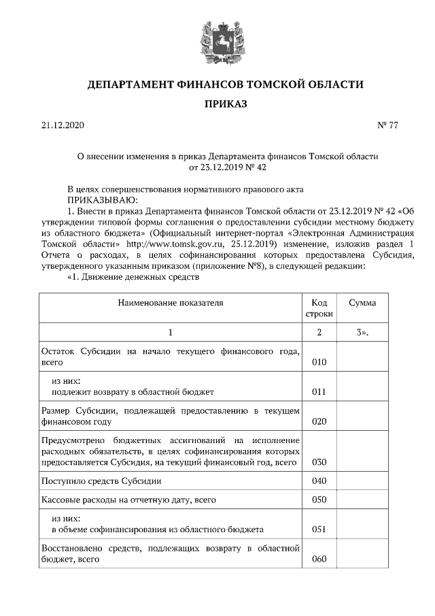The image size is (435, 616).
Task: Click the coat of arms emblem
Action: click(x=218, y=41)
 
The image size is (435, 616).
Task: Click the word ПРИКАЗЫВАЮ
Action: click(x=101, y=199)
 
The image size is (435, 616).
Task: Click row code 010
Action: click(x=319, y=363)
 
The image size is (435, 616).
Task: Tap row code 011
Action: click(x=319, y=392)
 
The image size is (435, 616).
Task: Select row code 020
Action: click(x=319, y=421)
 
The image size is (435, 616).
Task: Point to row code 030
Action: click(x=319, y=462)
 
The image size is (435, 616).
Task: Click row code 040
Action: click(x=319, y=481)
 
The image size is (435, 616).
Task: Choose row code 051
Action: click(x=319, y=529)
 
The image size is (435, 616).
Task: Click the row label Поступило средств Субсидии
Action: click(x=101, y=481)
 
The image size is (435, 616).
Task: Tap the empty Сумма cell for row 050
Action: click(x=362, y=500)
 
